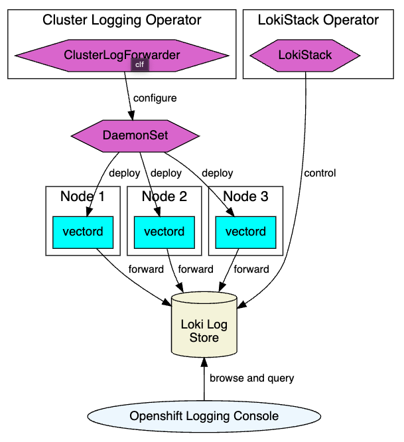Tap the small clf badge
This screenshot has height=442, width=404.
139,64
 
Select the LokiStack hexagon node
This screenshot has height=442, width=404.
304,55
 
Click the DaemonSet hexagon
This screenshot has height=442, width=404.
135,135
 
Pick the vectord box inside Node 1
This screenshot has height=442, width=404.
82,232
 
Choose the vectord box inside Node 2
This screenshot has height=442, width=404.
164,232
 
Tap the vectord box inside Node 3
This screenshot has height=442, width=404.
245,232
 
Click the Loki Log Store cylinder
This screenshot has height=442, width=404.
204,329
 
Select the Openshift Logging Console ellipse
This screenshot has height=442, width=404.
204,417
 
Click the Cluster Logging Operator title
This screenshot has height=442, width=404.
122,20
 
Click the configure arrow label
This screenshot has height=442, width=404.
155,98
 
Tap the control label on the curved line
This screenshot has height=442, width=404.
320,173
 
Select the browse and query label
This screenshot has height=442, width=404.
251,378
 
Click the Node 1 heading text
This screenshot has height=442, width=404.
82,196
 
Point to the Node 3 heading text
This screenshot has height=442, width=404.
245,196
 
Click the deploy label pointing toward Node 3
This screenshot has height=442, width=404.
217,173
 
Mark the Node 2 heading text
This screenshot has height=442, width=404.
164,196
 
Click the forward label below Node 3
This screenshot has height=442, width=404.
251,269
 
